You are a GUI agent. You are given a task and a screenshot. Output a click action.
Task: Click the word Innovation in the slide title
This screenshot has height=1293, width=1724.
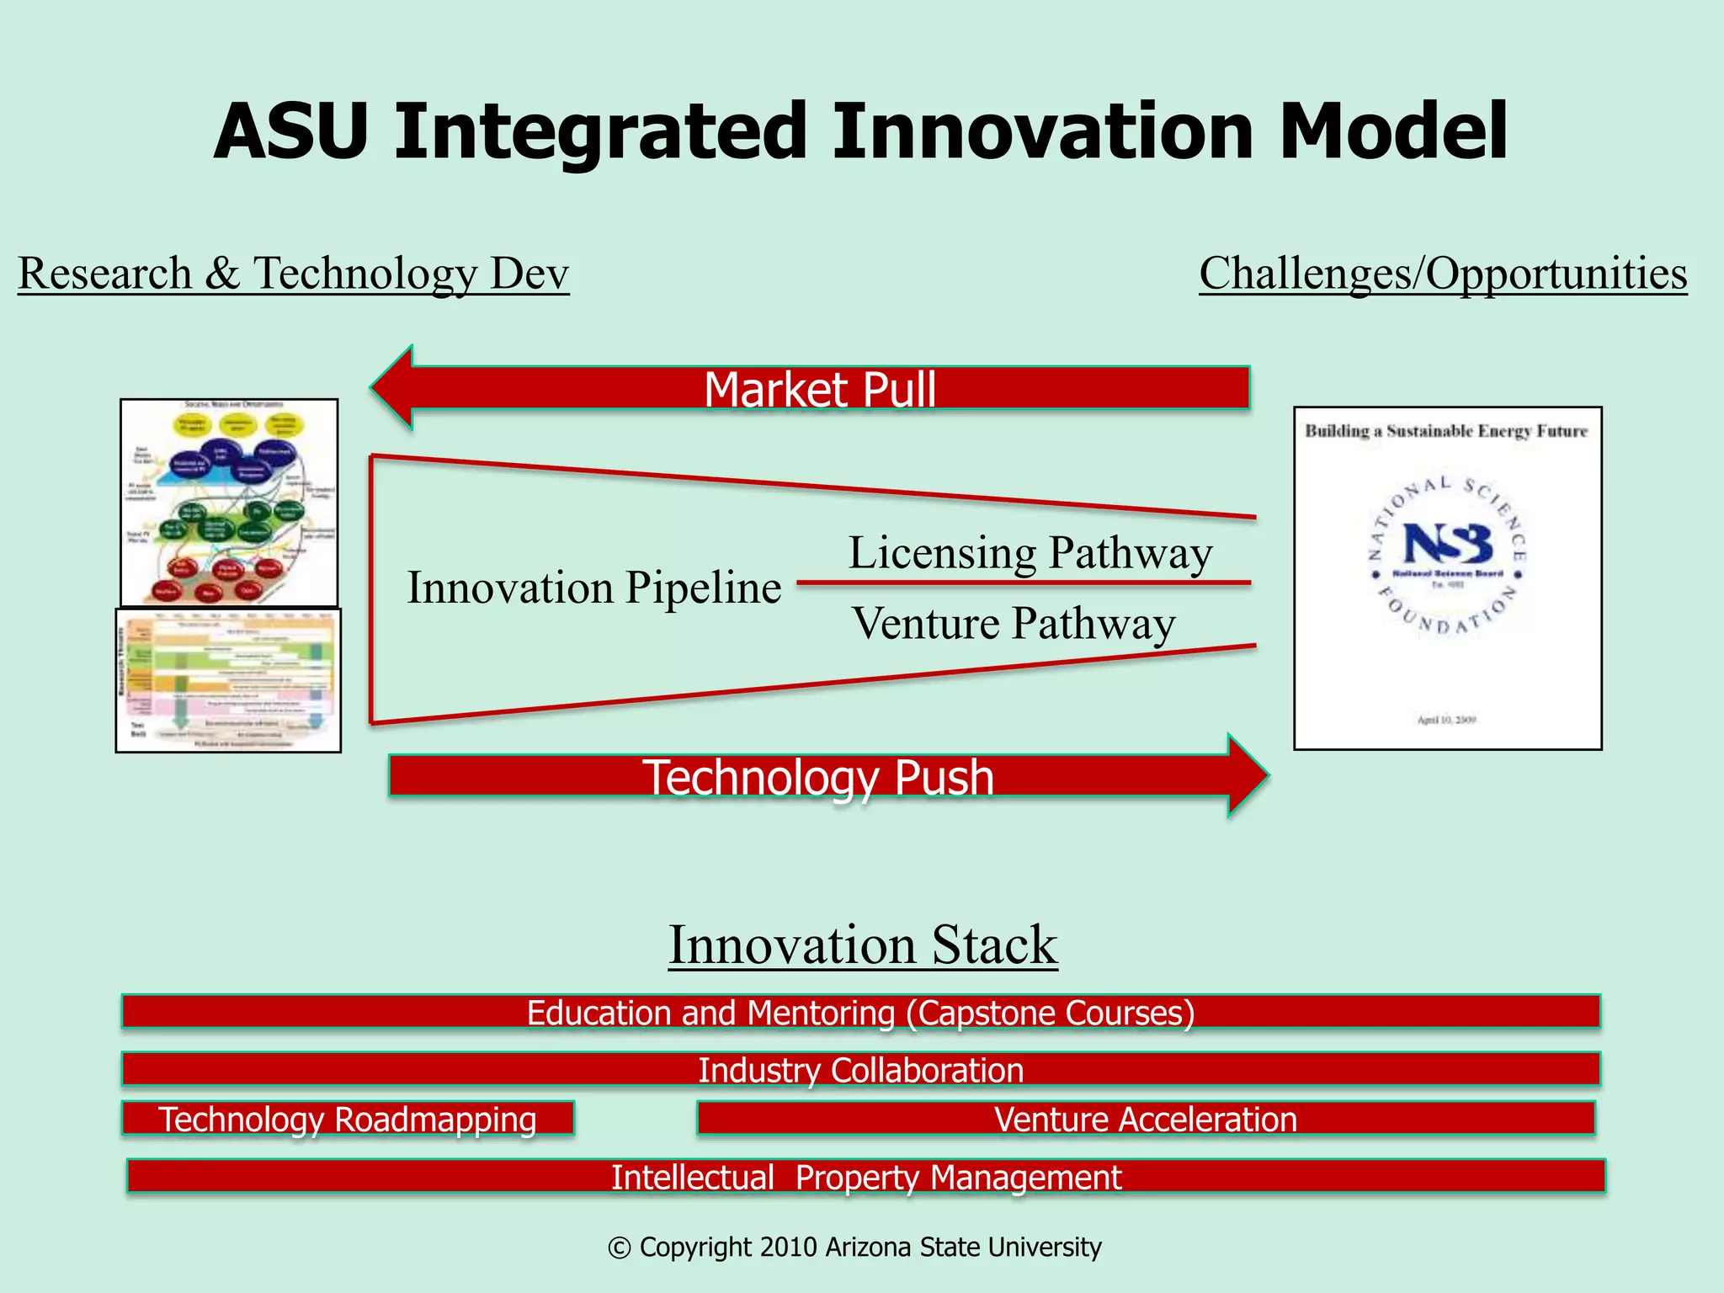coord(1044,132)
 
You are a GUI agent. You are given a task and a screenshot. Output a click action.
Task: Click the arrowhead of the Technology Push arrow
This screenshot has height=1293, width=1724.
coord(1246,775)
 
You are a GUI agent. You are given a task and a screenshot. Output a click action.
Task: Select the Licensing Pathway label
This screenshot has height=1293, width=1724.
coord(1030,554)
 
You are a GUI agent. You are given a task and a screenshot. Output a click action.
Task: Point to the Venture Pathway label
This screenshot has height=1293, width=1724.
coord(1013,624)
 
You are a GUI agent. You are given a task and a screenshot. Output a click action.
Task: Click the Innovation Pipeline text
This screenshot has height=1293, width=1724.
coord(593,588)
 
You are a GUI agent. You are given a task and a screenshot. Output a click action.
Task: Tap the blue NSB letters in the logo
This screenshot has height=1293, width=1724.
coord(1447,544)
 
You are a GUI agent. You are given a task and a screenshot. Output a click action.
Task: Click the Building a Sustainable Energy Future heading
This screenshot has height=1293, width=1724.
coord(1445,431)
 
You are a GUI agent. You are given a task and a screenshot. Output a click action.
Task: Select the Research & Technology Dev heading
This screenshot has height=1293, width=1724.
coord(293,274)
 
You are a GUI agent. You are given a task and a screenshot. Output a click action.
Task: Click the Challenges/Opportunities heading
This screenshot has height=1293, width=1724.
coord(1443,274)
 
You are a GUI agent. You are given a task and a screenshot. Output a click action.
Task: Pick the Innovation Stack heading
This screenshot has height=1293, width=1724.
coord(862,944)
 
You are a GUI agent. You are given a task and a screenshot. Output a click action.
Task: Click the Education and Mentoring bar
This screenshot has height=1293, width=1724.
coord(860,1012)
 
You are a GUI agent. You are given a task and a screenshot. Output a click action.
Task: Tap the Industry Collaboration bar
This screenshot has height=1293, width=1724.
coord(860,1069)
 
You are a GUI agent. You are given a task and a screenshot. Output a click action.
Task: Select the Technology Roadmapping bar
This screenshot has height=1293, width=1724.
coord(348,1119)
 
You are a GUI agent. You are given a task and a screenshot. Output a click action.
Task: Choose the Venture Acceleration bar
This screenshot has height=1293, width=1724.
coord(1145,1119)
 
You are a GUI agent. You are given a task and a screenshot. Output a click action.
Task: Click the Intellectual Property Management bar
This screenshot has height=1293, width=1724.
coord(865,1176)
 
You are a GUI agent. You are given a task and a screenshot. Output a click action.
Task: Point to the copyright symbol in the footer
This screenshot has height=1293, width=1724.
coord(619,1248)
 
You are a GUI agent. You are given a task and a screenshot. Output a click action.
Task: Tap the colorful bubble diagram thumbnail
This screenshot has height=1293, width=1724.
coord(229,503)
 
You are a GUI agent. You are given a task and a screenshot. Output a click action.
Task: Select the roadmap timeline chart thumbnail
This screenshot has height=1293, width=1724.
coord(228,680)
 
